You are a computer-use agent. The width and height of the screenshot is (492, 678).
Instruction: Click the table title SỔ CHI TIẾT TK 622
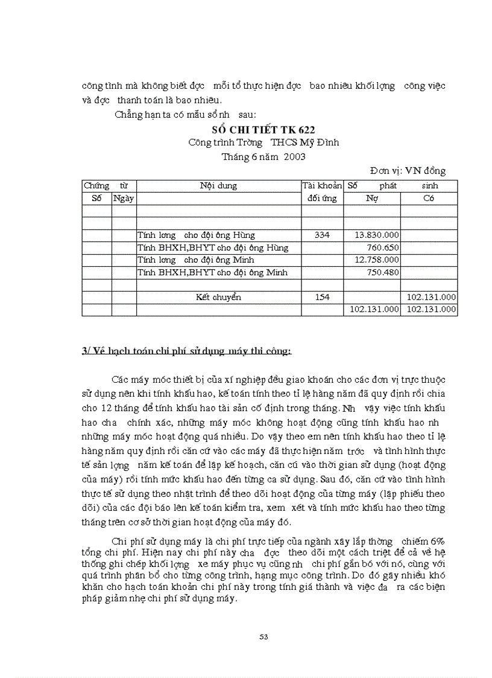[x=263, y=129]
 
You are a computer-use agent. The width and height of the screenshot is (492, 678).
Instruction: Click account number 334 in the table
[x=322, y=235]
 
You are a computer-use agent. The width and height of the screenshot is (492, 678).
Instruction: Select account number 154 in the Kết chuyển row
[x=322, y=297]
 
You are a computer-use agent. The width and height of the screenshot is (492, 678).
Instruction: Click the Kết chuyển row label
[x=218, y=297]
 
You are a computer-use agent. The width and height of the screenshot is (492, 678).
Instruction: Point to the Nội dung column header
[x=218, y=186]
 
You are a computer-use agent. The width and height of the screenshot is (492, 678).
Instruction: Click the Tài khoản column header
[x=322, y=186]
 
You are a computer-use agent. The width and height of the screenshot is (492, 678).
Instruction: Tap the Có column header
[x=429, y=198]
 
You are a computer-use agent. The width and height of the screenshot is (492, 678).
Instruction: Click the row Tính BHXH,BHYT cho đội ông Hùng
[x=212, y=248]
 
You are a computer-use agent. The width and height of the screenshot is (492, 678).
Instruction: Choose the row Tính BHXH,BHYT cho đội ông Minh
[x=212, y=272]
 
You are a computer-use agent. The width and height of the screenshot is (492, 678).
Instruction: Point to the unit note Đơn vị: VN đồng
[x=408, y=171]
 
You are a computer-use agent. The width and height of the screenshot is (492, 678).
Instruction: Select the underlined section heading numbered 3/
[x=186, y=350]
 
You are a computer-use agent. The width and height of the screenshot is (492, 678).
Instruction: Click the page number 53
[x=263, y=636]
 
